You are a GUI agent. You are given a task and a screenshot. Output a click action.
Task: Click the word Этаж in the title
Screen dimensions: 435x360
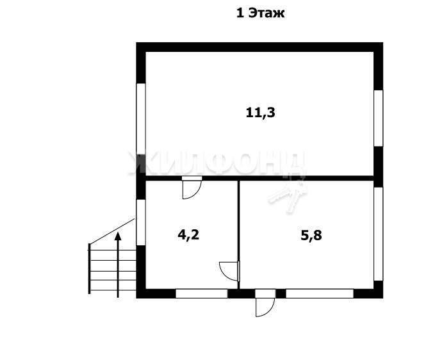coord(267,13)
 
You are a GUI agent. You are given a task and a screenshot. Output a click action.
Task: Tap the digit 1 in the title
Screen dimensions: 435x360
coord(240,13)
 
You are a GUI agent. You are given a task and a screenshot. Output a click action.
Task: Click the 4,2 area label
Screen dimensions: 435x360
coord(188,235)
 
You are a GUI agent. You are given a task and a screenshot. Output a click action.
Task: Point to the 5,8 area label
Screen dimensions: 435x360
coord(311,236)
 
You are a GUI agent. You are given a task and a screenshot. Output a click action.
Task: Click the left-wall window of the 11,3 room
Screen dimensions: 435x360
coord(141,119)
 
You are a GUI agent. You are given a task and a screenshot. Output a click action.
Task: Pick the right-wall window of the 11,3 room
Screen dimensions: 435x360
coord(379,118)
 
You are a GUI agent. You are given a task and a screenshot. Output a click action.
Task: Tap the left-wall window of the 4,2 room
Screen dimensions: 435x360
coord(141,222)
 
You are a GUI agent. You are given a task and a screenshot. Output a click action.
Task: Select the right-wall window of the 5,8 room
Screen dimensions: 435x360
coord(379,234)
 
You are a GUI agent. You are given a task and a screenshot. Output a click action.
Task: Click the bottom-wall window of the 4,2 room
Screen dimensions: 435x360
coord(202,293)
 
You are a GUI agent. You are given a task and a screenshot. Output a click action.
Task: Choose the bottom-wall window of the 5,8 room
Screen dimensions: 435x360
coord(320,293)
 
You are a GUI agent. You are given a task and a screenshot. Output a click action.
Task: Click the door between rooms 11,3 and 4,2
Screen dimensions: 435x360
coord(192,188)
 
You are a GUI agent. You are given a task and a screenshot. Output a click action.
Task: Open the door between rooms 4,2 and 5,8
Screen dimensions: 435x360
coord(229,271)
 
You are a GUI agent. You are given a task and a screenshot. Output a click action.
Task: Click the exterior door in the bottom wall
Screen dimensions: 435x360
coord(265,303)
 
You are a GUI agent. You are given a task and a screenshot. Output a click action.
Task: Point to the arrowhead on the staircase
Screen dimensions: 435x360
coord(118,236)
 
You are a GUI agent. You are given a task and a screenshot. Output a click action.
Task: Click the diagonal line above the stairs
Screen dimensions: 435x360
coord(112,231)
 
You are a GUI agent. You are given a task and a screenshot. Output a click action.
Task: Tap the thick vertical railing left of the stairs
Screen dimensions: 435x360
coord(89,268)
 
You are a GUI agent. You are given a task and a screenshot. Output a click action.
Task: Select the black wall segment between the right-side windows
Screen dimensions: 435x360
coord(379,167)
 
